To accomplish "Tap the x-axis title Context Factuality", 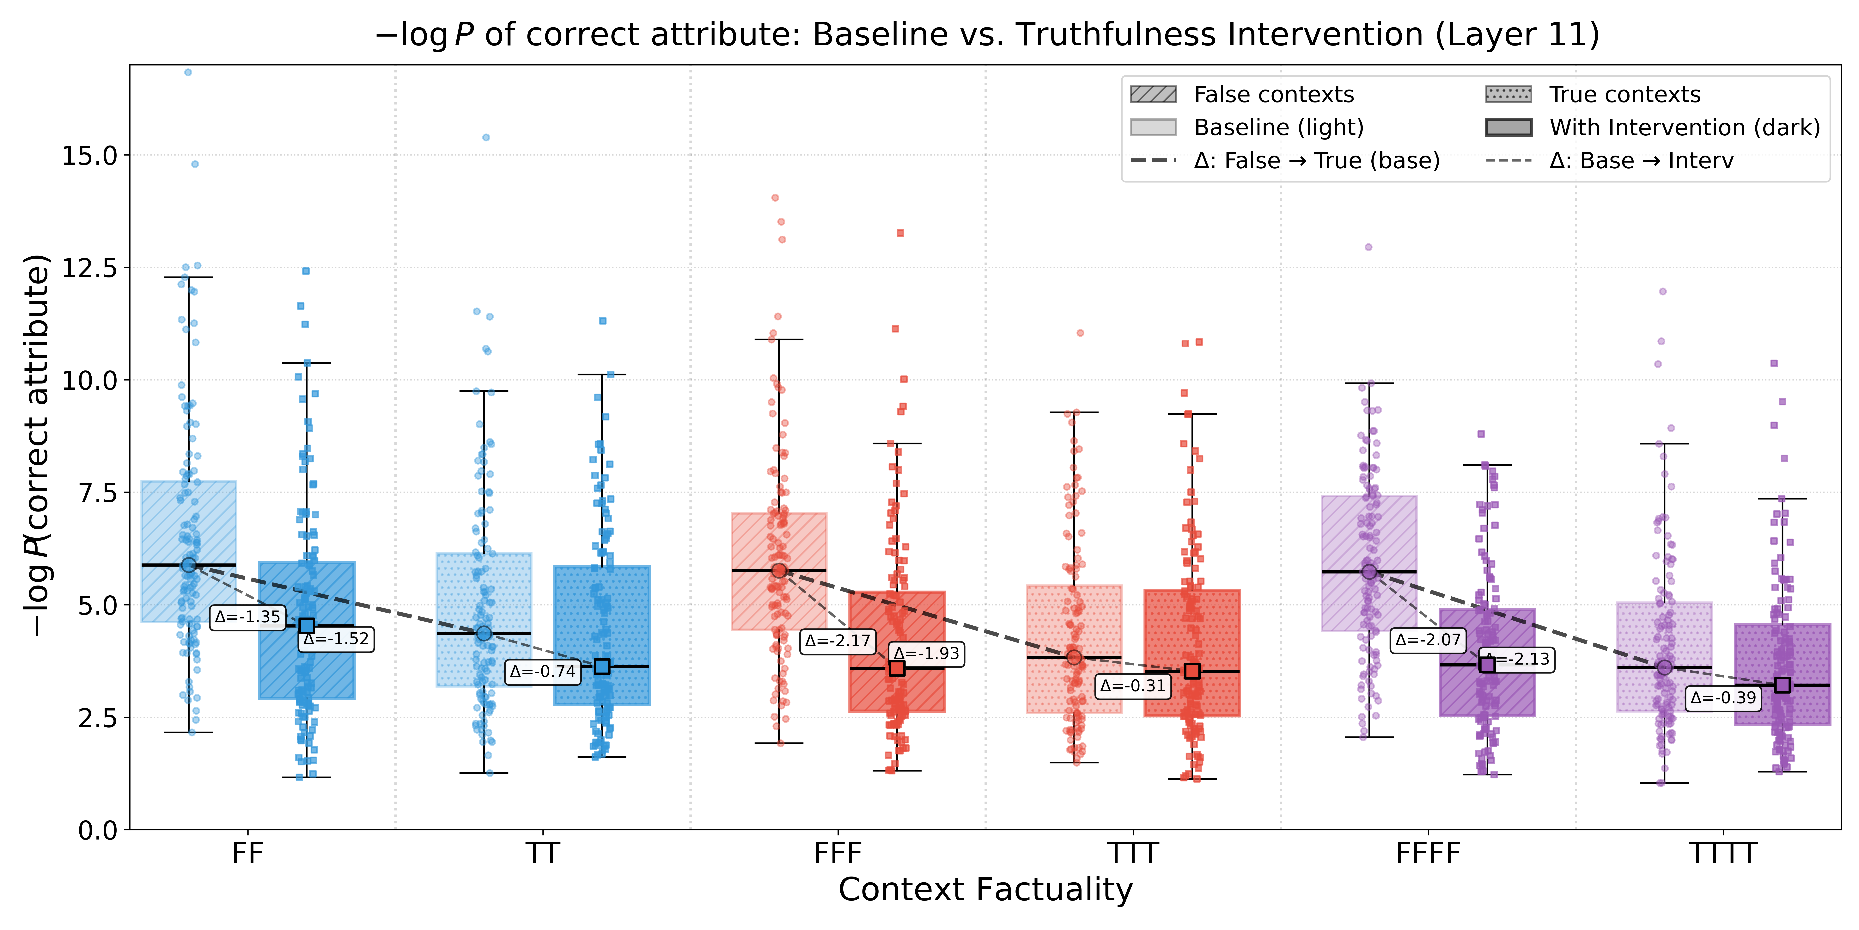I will click(x=986, y=890).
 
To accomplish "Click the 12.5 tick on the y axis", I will click(x=89, y=268).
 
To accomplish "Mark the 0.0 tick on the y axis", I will click(x=98, y=830).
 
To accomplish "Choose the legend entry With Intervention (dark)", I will click(x=1684, y=128).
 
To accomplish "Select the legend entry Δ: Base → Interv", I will click(x=1641, y=160).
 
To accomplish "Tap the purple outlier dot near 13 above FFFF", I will click(x=1368, y=247).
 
